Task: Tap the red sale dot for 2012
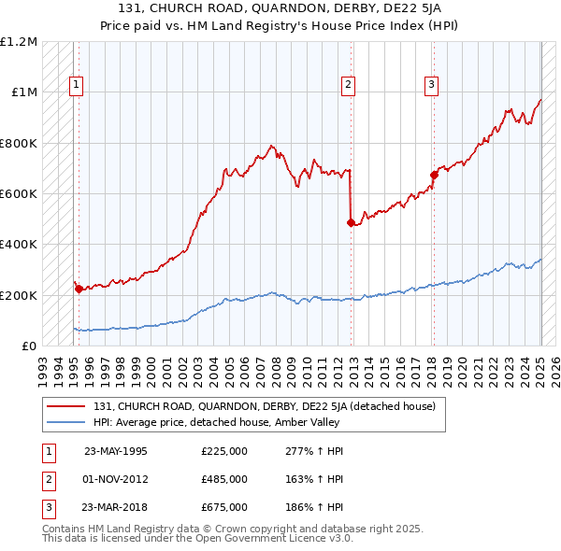351,222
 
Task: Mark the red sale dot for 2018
434,175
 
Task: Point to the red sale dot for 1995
79,289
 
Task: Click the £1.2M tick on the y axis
20,42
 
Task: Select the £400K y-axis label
19,245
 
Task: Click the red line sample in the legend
66,406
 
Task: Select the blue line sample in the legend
66,423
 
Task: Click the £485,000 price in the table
224,479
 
